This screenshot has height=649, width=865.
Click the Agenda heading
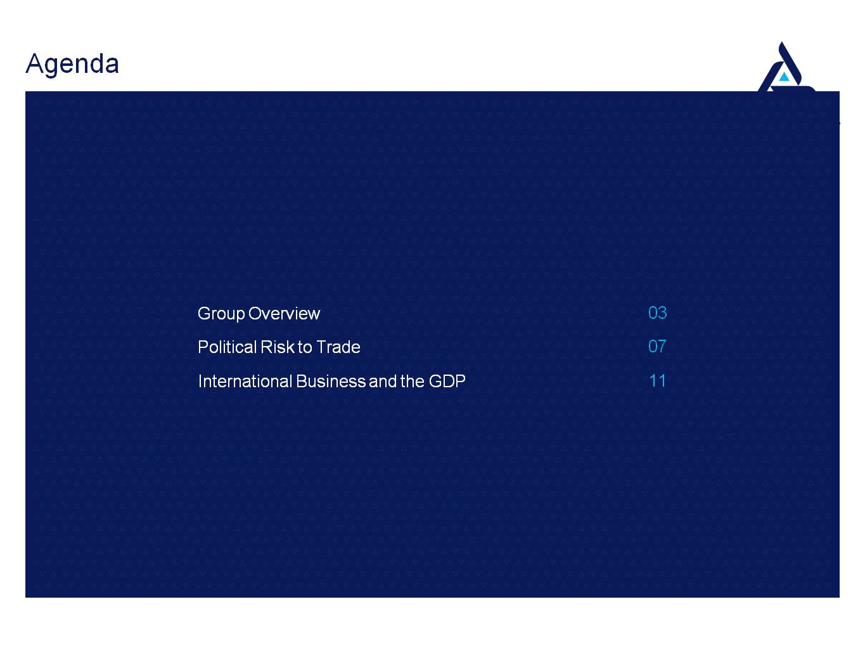[72, 64]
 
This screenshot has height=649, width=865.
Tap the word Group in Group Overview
[221, 314]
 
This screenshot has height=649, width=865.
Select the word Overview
[284, 314]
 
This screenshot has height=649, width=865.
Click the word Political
[227, 347]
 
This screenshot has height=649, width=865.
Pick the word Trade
[338, 347]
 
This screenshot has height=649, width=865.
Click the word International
[245, 381]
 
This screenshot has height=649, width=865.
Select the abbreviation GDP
[447, 381]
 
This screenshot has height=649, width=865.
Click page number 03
[657, 313]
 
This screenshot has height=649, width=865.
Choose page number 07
[657, 347]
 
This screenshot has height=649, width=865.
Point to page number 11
[657, 381]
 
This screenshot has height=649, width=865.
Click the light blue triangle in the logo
[785, 77]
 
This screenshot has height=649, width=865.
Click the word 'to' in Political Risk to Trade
[305, 347]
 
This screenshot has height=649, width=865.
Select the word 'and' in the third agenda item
[383, 381]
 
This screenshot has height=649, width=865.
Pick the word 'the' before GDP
[413, 381]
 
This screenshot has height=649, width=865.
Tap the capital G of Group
[205, 313]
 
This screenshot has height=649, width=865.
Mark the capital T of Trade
[321, 347]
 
